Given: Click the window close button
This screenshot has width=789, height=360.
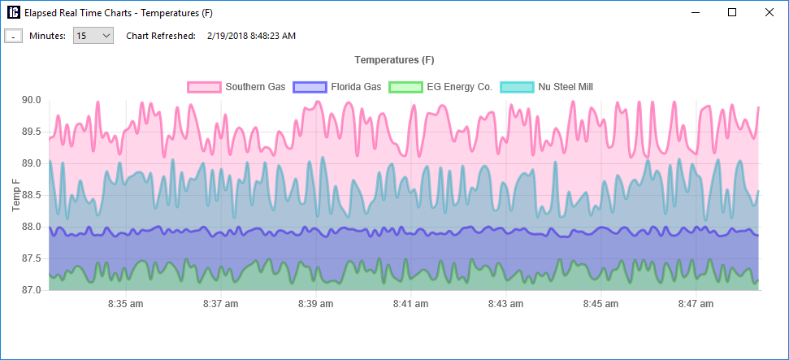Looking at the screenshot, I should coord(769,12).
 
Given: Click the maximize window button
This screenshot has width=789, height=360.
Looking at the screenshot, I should coord(732,12).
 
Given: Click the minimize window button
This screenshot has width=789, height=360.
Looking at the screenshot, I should coord(695,12).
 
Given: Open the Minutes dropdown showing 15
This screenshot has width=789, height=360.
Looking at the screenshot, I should coord(93,36).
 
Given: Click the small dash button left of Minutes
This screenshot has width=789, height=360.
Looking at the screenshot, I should coord(13,36).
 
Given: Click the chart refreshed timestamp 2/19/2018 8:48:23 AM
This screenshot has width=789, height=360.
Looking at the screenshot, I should coord(251,36).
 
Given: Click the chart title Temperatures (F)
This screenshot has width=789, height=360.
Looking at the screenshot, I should coord(394,61).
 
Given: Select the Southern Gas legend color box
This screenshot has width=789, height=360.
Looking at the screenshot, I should coord(204,87).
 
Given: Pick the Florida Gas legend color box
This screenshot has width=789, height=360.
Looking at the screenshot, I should coord(310,87).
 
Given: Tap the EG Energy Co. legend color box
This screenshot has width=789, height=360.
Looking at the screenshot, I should coord(405,87).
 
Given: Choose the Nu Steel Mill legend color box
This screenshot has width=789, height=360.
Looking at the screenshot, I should coord(517,87).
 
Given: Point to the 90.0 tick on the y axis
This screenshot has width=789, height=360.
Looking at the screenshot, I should coord(31,100).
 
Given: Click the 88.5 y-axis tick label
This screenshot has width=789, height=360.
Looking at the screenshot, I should coord(31,195).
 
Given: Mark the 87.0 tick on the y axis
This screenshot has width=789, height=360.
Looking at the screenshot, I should coord(31,290).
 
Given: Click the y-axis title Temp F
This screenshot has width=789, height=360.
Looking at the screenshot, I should coord(16,195).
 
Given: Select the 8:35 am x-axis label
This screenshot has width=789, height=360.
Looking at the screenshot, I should coord(126,305).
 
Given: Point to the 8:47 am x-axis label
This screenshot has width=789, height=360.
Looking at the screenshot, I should coord(695,305).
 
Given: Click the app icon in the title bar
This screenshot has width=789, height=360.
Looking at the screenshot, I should coord(14,12).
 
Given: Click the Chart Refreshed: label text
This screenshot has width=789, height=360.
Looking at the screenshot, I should coord(161,36).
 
